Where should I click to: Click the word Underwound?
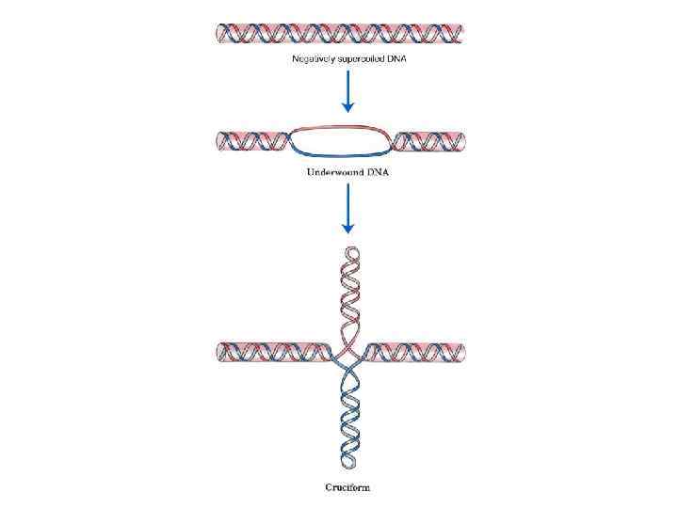[331, 172]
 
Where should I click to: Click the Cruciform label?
[347, 487]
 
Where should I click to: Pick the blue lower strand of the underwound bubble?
[341, 156]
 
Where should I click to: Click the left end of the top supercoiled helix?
[221, 34]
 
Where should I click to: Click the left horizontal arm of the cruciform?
[273, 353]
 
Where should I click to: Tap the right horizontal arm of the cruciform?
[414, 353]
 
